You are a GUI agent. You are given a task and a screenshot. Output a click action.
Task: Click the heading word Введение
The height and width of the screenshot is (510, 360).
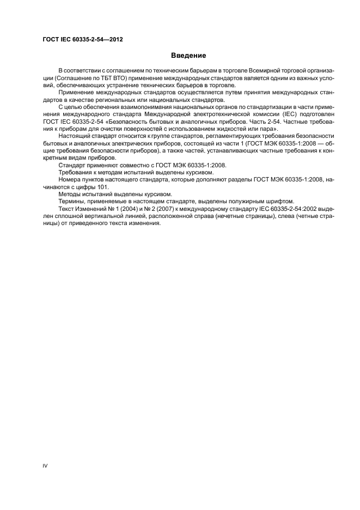pos(188,55)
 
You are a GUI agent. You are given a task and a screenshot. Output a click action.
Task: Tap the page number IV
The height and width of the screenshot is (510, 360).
pos(45,466)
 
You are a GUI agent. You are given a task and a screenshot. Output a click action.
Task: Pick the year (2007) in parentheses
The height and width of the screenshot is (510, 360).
pos(162,209)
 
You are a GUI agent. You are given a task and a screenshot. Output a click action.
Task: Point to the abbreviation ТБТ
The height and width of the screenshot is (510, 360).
pos(103,78)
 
